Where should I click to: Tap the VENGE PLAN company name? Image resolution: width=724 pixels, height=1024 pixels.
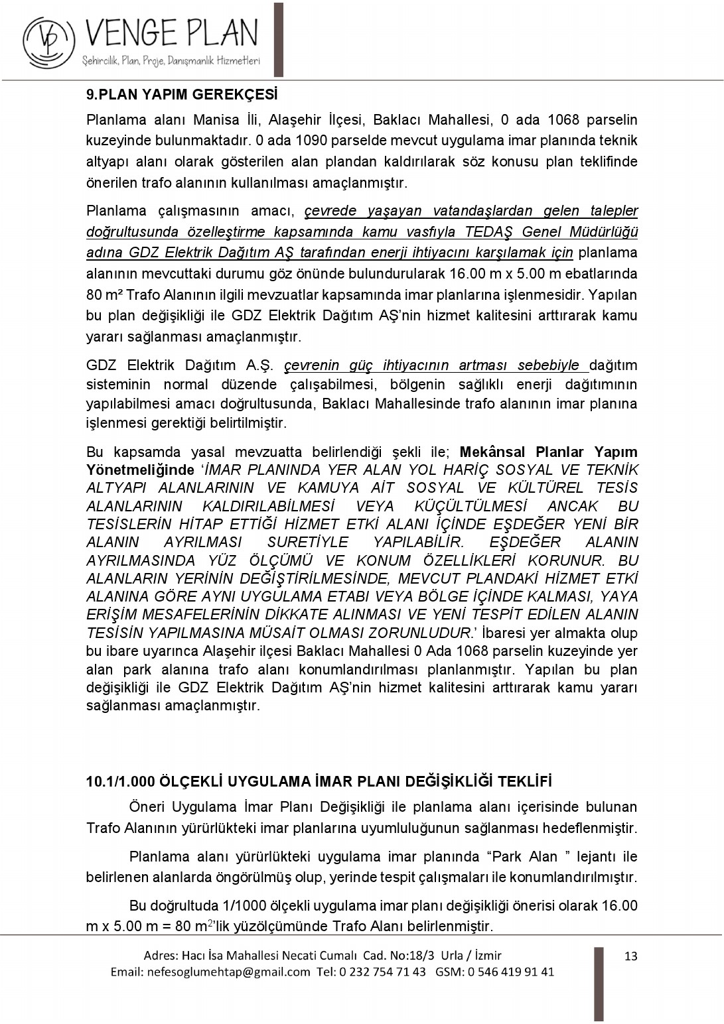click(x=171, y=33)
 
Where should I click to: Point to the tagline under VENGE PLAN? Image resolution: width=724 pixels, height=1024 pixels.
click(x=171, y=62)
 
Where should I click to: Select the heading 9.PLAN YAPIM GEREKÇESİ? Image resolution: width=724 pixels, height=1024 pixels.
click(x=182, y=94)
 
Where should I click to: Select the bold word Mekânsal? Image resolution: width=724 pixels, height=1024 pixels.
click(x=492, y=452)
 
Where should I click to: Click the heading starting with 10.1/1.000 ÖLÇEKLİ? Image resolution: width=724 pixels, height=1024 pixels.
click(x=319, y=781)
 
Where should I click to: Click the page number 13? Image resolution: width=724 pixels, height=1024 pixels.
click(x=630, y=956)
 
